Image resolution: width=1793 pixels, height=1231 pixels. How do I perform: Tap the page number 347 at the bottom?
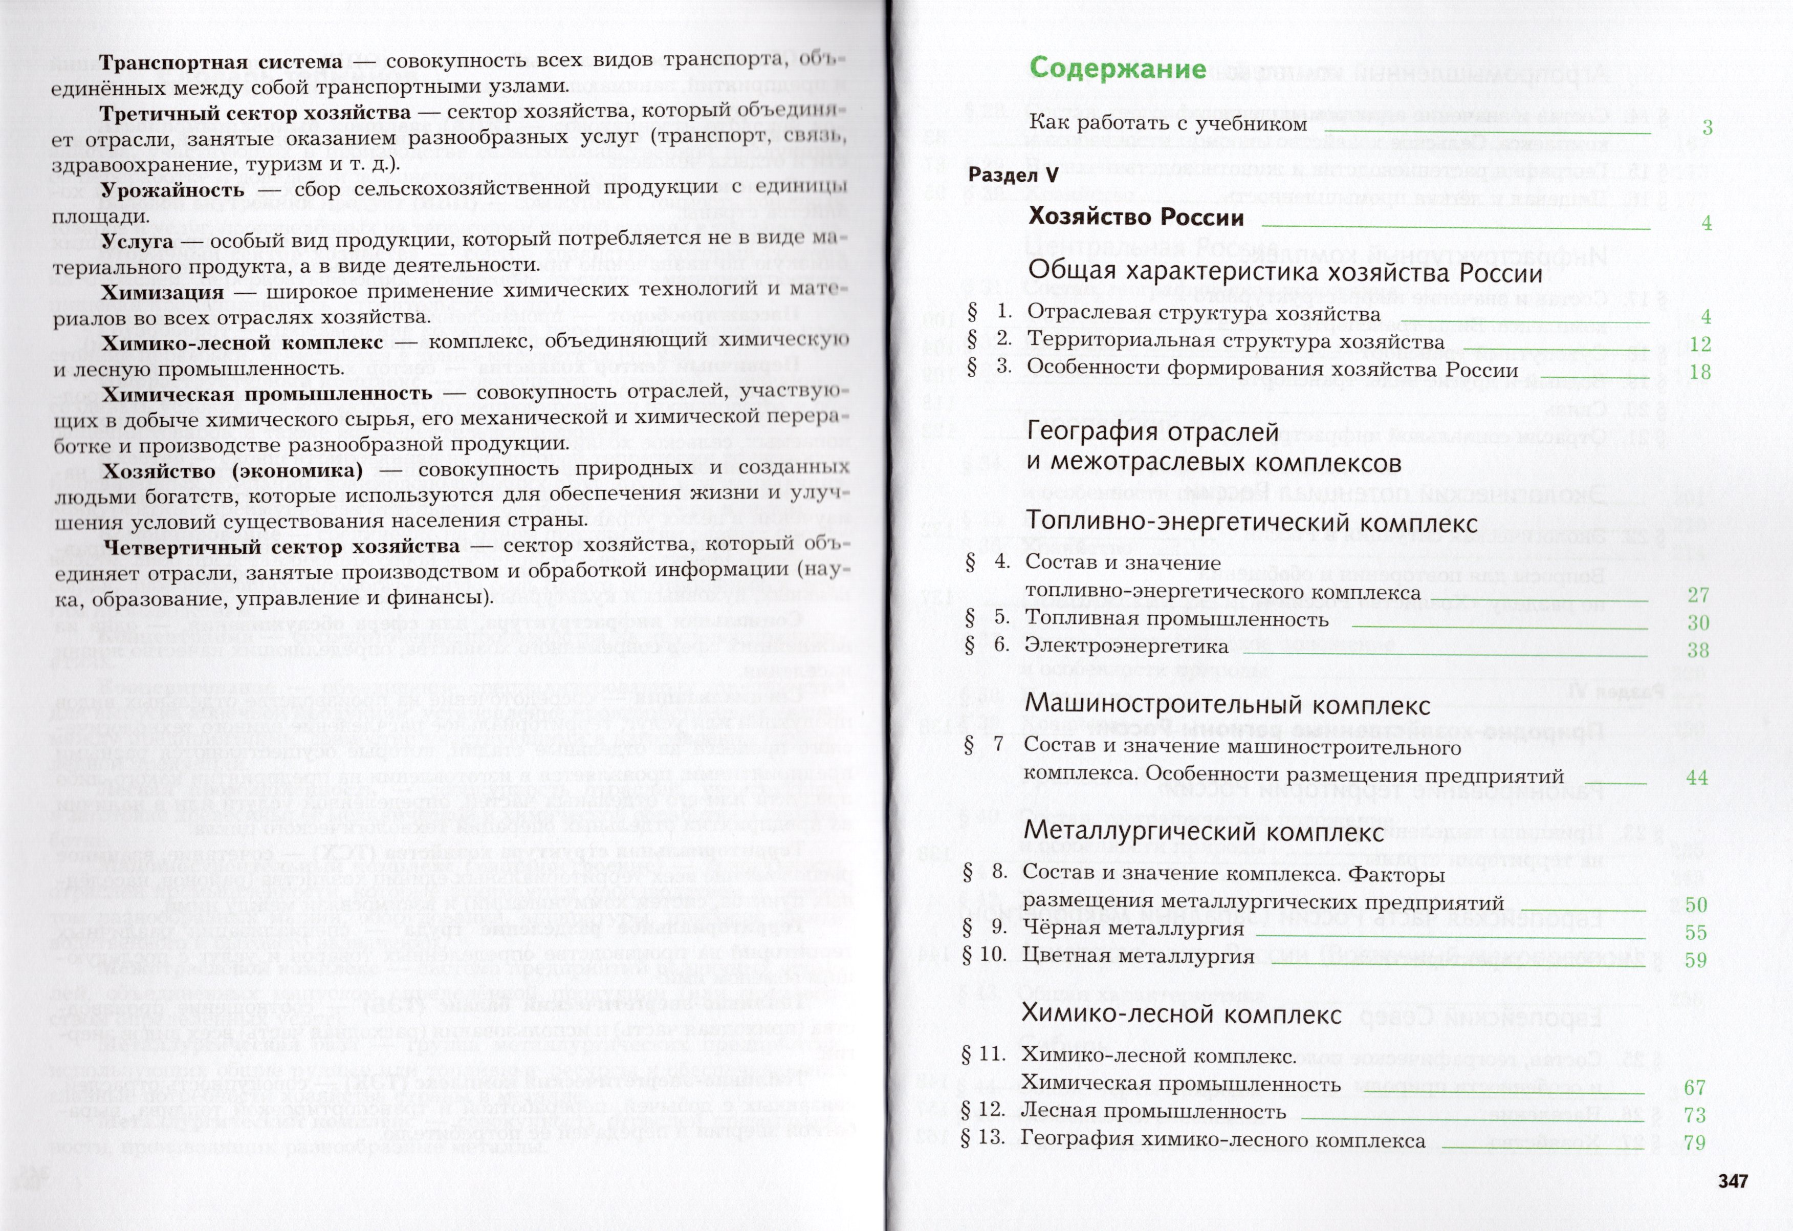[x=1732, y=1181]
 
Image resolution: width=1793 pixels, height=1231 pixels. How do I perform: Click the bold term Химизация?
[x=163, y=292]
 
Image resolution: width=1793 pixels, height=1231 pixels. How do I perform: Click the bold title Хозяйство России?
[x=1135, y=217]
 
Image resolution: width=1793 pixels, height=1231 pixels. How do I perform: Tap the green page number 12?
[x=1700, y=344]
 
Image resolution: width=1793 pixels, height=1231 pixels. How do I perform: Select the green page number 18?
[x=1700, y=372]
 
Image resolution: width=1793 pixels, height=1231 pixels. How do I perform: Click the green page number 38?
[x=1697, y=650]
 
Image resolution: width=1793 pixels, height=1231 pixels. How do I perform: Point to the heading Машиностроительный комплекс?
[x=1227, y=704]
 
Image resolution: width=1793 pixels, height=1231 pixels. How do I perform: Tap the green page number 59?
[x=1695, y=960]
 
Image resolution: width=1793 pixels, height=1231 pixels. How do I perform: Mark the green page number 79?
[x=1694, y=1142]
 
